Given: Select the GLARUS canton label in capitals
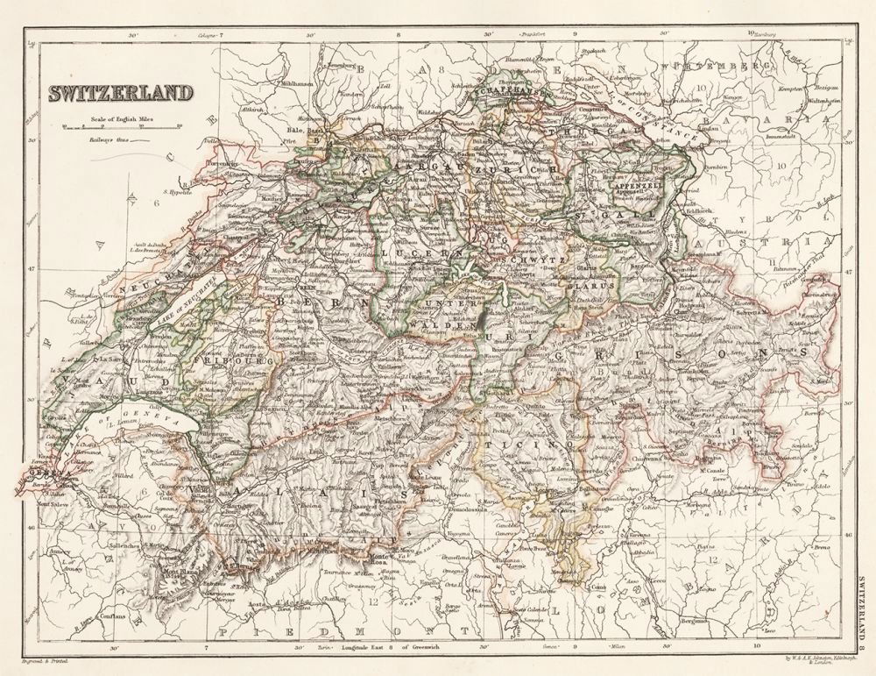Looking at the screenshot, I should [584, 284].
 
